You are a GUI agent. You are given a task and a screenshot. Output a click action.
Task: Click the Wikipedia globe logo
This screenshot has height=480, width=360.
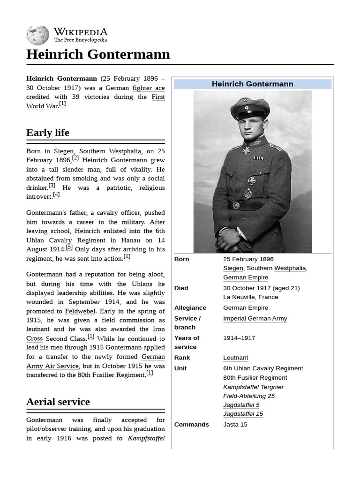click(x=37, y=35)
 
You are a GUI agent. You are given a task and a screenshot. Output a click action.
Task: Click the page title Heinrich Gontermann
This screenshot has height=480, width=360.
click(x=98, y=54)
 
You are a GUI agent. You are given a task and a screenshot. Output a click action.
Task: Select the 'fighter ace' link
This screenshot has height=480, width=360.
click(x=149, y=88)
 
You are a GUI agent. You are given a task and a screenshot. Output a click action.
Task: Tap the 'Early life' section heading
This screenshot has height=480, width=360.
click(x=48, y=133)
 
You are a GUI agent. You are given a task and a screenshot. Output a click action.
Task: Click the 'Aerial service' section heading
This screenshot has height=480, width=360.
click(x=58, y=402)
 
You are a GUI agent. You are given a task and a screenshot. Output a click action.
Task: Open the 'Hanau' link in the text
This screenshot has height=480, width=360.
click(x=131, y=240)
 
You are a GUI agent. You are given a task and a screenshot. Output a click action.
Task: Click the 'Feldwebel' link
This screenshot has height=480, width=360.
click(x=80, y=311)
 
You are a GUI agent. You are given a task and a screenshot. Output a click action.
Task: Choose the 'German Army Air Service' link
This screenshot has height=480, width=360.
click(x=96, y=361)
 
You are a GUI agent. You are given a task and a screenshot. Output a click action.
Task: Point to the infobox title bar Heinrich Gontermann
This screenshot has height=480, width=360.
click(x=252, y=84)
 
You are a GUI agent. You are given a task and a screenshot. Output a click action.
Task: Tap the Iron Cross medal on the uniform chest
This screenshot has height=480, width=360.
click(x=251, y=181)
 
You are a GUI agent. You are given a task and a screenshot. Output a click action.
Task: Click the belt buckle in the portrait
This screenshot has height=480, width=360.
click(x=236, y=205)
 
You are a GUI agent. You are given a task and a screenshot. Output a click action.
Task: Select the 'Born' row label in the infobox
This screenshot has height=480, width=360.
click(x=182, y=259)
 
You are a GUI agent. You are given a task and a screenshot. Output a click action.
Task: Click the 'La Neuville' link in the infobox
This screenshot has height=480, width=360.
click(x=239, y=297)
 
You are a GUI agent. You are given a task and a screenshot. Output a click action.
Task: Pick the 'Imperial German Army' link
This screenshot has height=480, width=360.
click(x=255, y=319)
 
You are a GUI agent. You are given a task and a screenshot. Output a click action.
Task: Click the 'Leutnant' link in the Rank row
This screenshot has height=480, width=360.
click(x=236, y=358)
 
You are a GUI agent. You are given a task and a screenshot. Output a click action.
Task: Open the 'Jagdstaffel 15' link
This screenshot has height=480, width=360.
click(x=243, y=414)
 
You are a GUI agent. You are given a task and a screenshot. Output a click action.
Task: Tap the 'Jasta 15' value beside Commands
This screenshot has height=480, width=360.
click(x=235, y=425)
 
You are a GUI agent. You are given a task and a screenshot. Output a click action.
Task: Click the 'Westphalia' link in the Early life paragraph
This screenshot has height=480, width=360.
click(x=125, y=151)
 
